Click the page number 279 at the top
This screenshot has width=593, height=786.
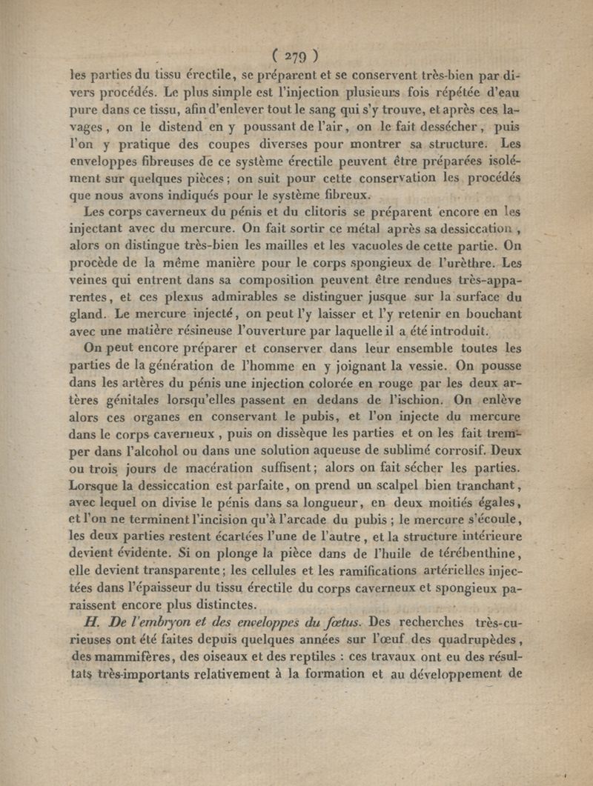click(296, 54)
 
